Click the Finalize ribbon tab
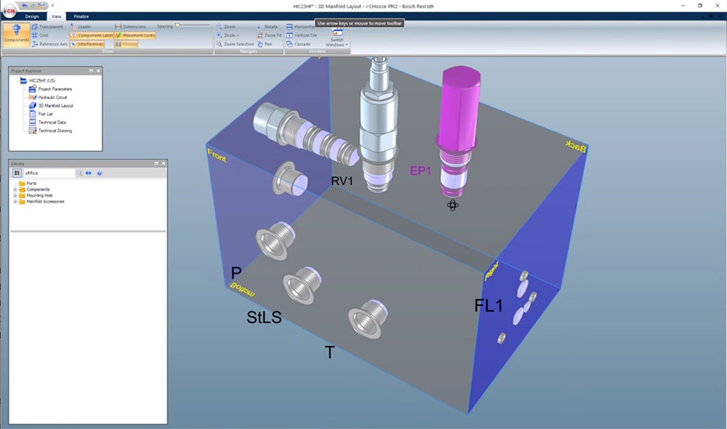(x=81, y=16)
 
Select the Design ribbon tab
(x=32, y=16)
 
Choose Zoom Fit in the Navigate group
(x=270, y=35)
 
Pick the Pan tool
(x=265, y=44)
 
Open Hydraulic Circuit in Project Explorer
(x=52, y=97)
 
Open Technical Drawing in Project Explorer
(x=55, y=131)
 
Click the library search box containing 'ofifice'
(x=48, y=173)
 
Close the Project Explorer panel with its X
(x=98, y=71)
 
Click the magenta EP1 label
(x=420, y=171)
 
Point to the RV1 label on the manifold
(x=342, y=181)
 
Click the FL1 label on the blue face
(x=488, y=306)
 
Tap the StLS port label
(x=264, y=316)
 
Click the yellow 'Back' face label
(x=576, y=146)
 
